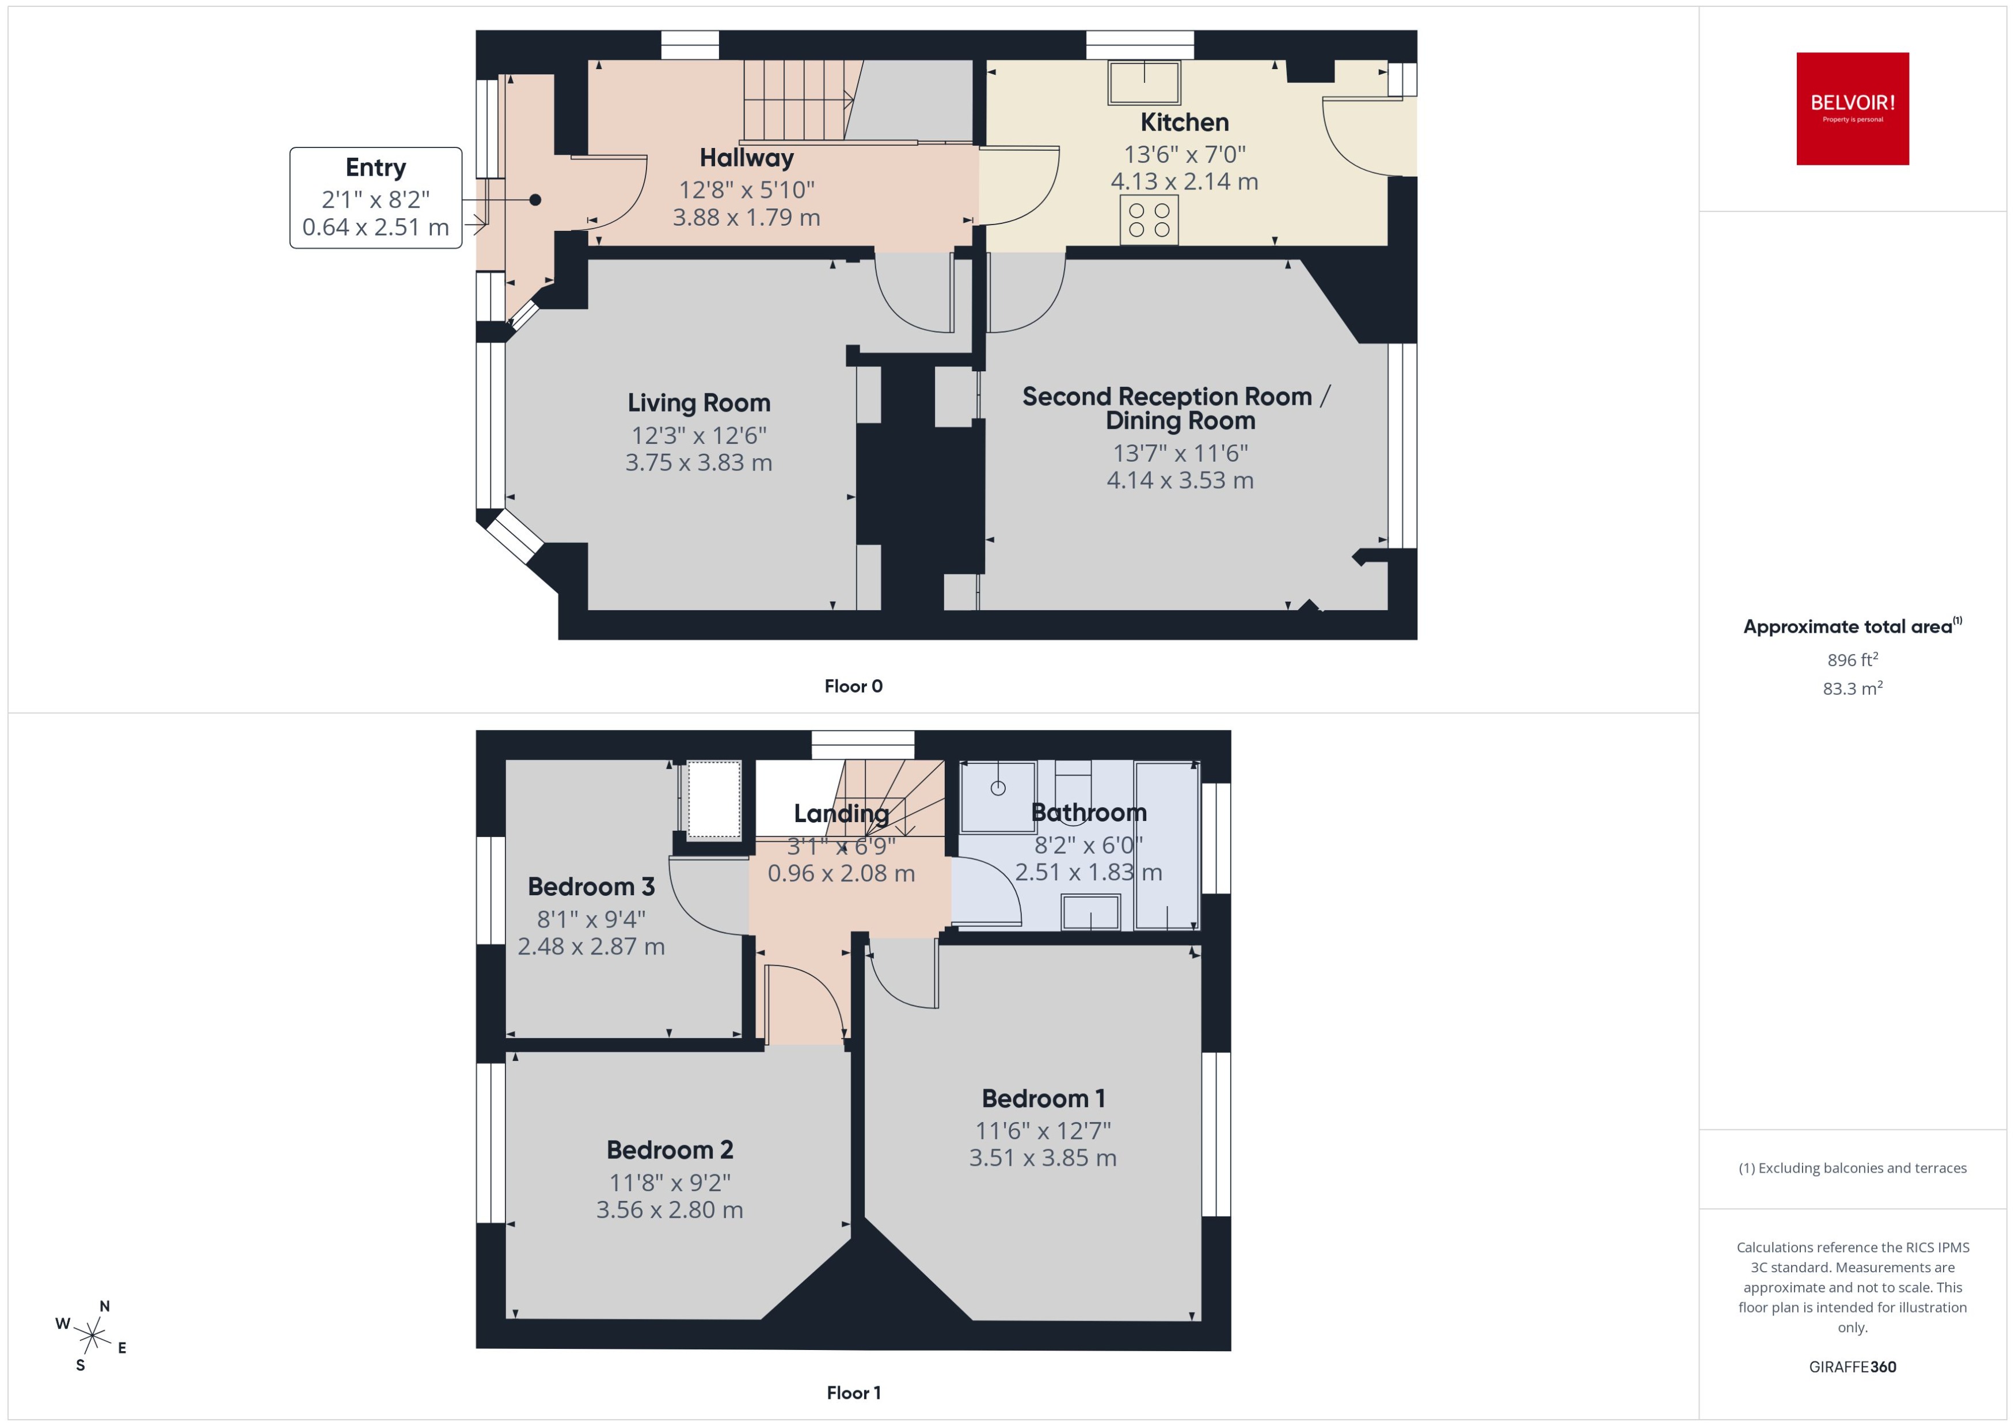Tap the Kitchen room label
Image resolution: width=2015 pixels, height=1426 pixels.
[x=1184, y=122]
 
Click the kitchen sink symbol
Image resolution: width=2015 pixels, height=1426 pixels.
[x=1143, y=82]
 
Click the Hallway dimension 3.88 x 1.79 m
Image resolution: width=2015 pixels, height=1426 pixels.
[x=746, y=218]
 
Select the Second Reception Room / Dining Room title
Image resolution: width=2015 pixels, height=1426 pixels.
[x=1177, y=408]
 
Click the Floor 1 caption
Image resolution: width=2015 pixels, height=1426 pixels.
[x=853, y=1393]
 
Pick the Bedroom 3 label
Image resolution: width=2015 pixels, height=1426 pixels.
[x=591, y=887]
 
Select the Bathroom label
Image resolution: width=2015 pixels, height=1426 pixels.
[x=1088, y=813]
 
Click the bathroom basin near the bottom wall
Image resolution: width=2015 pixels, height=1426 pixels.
[x=1090, y=912]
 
